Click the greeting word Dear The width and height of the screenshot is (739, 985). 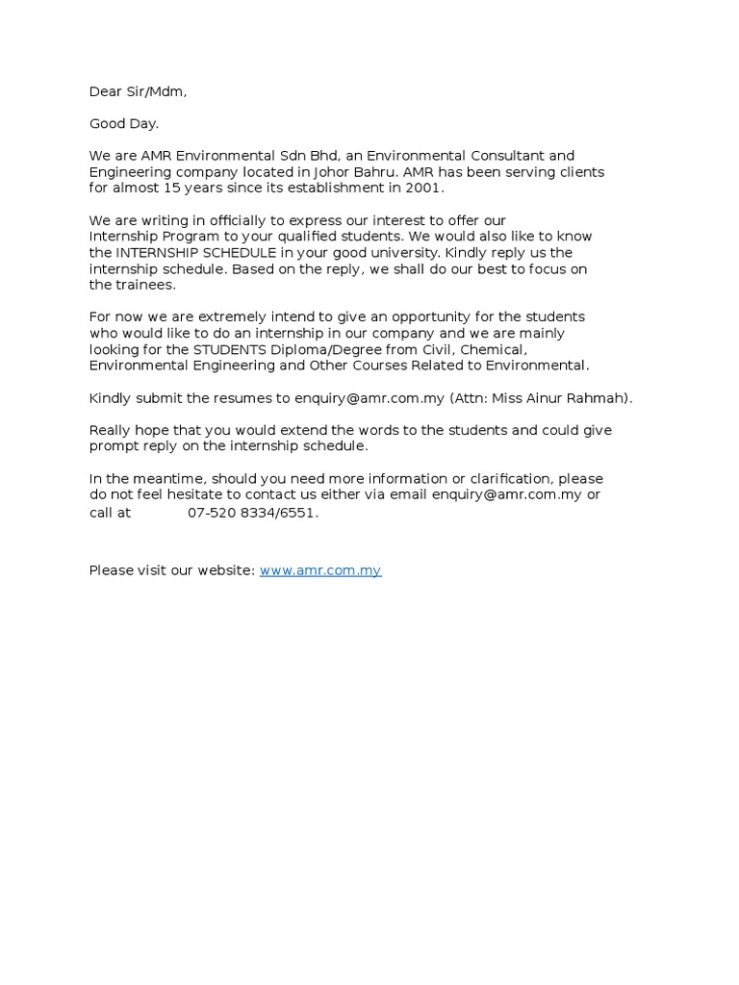[106, 91]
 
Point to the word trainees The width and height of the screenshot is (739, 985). [145, 285]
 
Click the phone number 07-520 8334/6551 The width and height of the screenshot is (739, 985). [252, 513]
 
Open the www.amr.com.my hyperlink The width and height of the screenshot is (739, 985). [320, 570]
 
